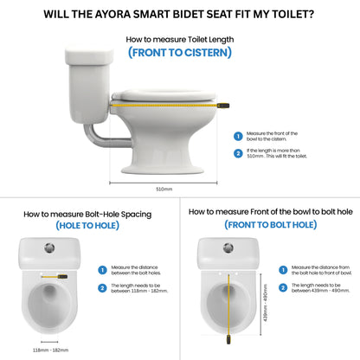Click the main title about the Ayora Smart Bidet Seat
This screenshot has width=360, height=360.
click(180, 14)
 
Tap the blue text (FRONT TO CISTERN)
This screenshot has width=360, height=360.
click(180, 52)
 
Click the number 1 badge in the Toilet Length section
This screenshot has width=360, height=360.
click(238, 136)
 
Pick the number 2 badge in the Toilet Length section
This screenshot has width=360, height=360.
click(238, 153)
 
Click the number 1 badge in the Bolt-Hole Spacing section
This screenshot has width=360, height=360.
click(101, 270)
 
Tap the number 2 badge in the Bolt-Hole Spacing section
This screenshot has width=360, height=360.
click(101, 287)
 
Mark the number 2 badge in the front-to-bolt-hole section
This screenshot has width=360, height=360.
click(282, 286)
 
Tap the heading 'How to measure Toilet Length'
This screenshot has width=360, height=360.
click(179, 39)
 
